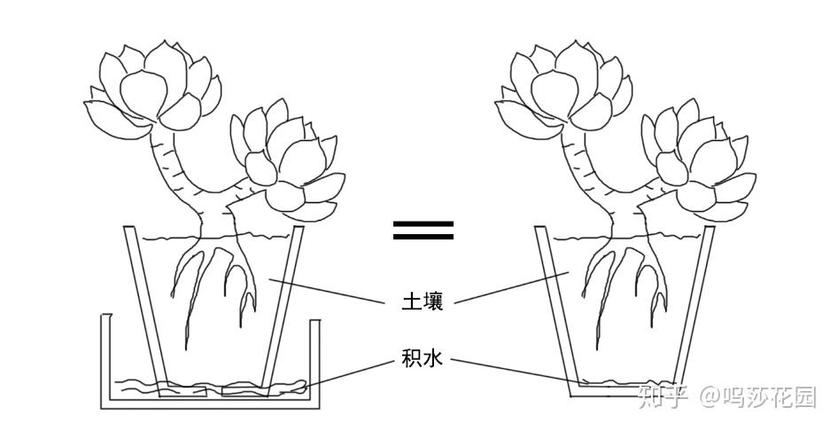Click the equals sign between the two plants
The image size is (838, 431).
click(423, 230)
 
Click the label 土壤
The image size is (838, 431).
click(423, 301)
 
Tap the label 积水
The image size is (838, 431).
click(423, 359)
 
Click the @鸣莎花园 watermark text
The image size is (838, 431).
click(758, 396)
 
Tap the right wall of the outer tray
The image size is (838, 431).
click(314, 364)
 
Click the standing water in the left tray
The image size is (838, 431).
click(213, 387)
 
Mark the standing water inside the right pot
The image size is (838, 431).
click(620, 385)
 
